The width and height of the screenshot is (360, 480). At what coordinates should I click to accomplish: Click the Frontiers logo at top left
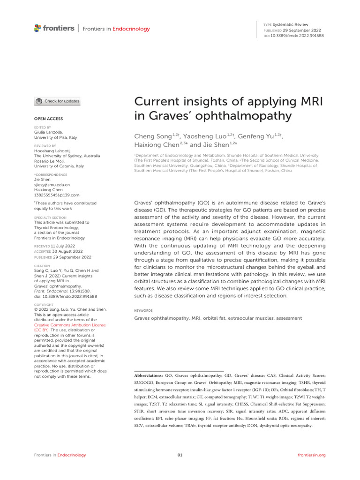(54, 29)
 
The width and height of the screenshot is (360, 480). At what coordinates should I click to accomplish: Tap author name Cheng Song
(153, 136)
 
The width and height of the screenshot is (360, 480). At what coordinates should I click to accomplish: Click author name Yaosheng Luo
(207, 136)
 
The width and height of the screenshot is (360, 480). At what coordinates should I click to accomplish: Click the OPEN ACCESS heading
(49, 119)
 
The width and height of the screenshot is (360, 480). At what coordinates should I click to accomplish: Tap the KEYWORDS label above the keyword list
(143, 310)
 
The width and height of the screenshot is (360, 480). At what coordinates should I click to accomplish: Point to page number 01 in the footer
(180, 455)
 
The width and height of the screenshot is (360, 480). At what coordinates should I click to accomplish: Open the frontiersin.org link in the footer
(311, 455)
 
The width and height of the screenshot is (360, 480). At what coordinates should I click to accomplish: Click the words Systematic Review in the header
(291, 24)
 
